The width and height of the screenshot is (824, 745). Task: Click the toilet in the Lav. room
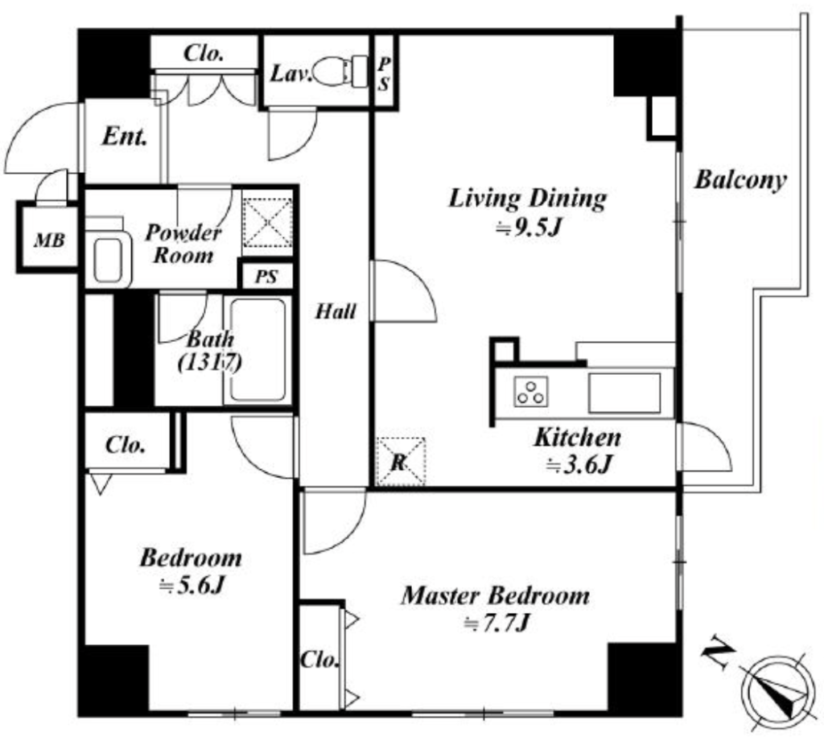coord(341,71)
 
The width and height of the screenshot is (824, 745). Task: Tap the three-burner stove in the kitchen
coord(531,392)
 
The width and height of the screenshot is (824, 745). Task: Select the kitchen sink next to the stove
coord(624,393)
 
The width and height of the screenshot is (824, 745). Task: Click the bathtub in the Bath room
coord(257,350)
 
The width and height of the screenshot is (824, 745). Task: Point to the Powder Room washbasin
coord(109,258)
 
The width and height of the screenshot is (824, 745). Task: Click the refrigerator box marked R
coord(401,462)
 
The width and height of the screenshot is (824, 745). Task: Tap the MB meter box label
coord(49,241)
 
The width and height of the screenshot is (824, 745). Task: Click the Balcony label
coord(740,180)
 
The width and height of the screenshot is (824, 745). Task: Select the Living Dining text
coord(528,199)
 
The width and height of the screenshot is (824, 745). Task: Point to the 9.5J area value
coord(529,228)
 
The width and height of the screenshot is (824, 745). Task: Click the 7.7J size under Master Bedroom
coord(495,624)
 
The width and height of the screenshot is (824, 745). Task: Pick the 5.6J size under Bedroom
coord(192,586)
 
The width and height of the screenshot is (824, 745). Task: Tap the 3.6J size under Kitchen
coord(579,464)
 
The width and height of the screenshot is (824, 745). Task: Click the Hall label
coord(336,311)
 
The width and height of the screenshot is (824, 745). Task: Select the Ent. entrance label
coord(124,137)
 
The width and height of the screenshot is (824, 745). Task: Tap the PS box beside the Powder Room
coord(266,276)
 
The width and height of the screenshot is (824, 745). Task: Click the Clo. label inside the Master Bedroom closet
coord(319,660)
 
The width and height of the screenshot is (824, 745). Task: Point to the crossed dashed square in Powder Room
coord(268,222)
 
